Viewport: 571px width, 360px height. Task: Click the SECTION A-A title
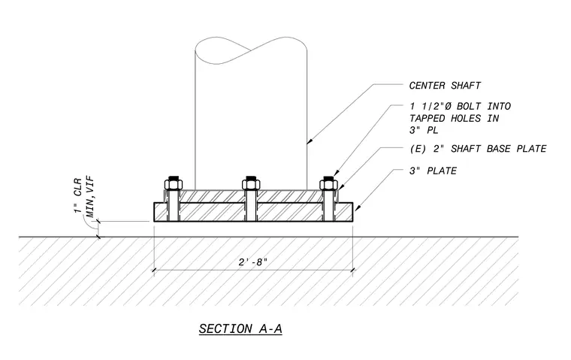(240, 329)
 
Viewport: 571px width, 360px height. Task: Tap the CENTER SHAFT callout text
(445, 86)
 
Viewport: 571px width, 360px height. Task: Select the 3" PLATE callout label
(433, 171)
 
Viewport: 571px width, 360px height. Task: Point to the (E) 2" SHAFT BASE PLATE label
(478, 149)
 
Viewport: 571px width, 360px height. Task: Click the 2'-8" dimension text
(252, 262)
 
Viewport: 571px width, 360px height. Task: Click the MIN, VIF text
(90, 197)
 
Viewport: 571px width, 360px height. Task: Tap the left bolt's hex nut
(174, 185)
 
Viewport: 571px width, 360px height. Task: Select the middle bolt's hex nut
(251, 185)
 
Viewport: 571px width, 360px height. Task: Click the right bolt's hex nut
(328, 185)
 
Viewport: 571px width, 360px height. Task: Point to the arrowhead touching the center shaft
(310, 141)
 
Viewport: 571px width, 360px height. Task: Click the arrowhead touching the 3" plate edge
(357, 207)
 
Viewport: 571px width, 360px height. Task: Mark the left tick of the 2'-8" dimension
(154, 270)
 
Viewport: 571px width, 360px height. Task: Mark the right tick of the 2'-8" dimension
(352, 270)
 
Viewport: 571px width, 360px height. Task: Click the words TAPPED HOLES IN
(454, 119)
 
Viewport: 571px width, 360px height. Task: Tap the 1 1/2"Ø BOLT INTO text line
(460, 107)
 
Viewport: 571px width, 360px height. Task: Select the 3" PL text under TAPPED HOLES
(424, 130)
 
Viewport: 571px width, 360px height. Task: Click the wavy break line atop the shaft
(251, 50)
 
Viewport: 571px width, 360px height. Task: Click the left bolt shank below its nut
(174, 206)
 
